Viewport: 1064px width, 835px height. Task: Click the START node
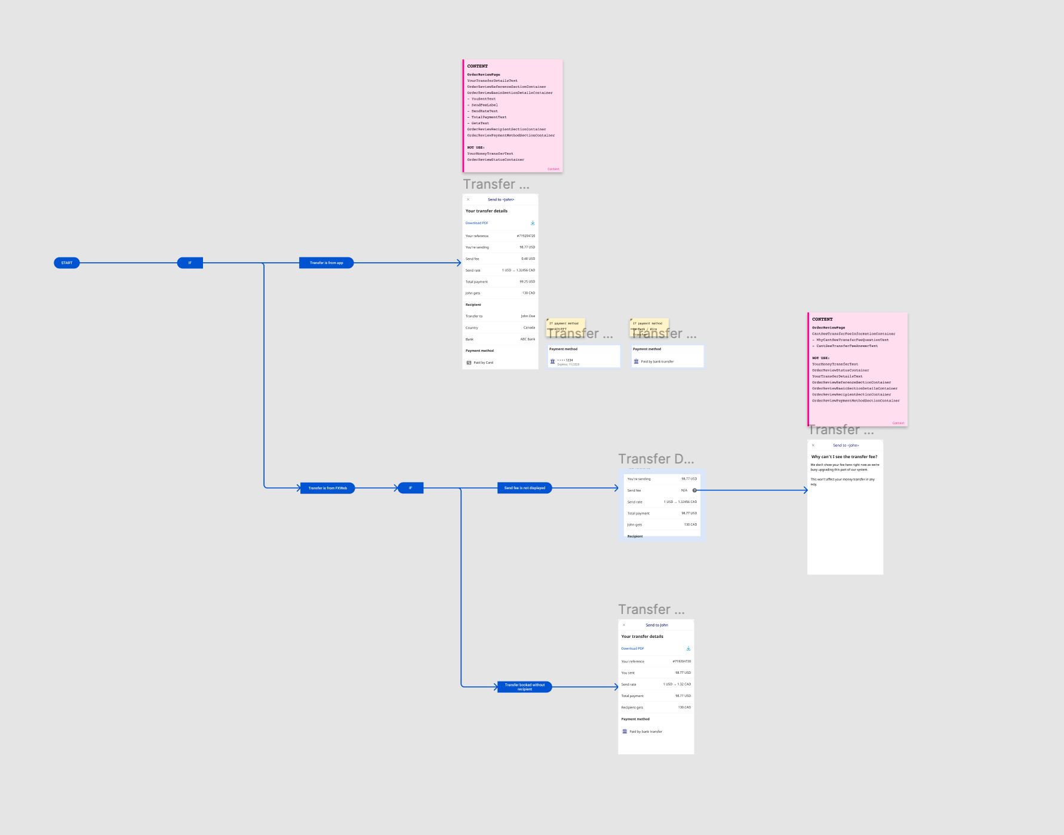tap(67, 263)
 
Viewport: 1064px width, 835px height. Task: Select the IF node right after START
tap(190, 263)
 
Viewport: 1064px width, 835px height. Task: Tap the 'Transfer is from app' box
tap(326, 263)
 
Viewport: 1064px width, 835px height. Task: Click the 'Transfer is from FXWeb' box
tap(327, 488)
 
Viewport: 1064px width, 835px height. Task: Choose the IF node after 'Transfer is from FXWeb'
tap(410, 488)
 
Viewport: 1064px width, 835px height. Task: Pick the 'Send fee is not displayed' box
tap(524, 488)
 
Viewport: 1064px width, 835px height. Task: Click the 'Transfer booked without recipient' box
tap(524, 687)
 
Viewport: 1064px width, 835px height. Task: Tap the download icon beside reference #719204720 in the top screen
tap(533, 223)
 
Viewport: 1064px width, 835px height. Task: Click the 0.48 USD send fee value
tap(528, 259)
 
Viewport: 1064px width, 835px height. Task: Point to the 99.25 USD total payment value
tap(527, 281)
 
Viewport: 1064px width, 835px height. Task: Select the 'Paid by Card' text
tap(483, 363)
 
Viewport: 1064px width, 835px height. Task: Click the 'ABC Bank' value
tap(527, 339)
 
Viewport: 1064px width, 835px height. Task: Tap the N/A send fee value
tap(684, 490)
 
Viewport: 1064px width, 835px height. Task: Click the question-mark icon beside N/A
tap(694, 490)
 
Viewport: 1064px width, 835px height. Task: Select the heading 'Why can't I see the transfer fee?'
tap(844, 457)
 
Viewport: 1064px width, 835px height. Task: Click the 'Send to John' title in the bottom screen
tap(657, 625)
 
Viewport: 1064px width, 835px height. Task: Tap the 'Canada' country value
tap(529, 327)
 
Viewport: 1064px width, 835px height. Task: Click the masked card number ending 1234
tap(565, 360)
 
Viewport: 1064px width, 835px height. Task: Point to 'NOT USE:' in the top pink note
tap(476, 148)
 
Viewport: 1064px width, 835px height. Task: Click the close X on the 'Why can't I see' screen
tap(813, 445)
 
